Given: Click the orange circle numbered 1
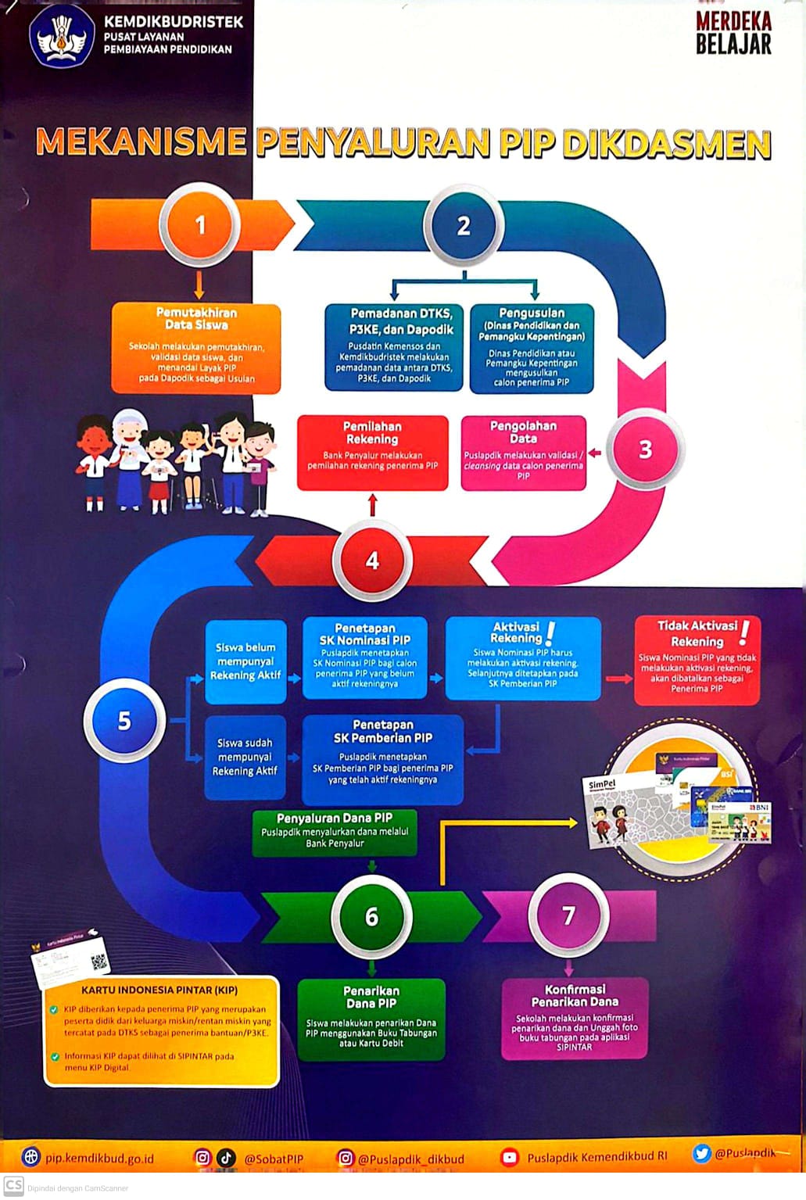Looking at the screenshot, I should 200,225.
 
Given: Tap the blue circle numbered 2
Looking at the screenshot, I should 464,226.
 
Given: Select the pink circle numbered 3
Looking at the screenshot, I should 645,450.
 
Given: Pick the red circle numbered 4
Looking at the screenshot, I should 372,561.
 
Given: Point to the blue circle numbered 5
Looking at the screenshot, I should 124,720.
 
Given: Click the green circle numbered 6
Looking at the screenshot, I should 372,916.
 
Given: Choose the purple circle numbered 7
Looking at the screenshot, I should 568,915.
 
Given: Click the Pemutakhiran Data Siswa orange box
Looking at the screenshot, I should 196,348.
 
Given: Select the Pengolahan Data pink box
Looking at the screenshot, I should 523,453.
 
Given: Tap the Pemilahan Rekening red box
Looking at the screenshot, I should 373,453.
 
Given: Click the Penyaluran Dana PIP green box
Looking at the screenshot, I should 335,832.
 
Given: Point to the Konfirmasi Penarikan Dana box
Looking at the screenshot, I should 575,1018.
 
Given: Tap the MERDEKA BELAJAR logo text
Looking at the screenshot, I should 733,34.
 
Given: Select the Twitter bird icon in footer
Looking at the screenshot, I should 701,1153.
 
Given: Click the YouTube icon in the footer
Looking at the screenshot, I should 510,1158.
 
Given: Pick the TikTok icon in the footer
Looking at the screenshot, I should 227,1158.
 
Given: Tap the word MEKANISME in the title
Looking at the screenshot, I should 141,142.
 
